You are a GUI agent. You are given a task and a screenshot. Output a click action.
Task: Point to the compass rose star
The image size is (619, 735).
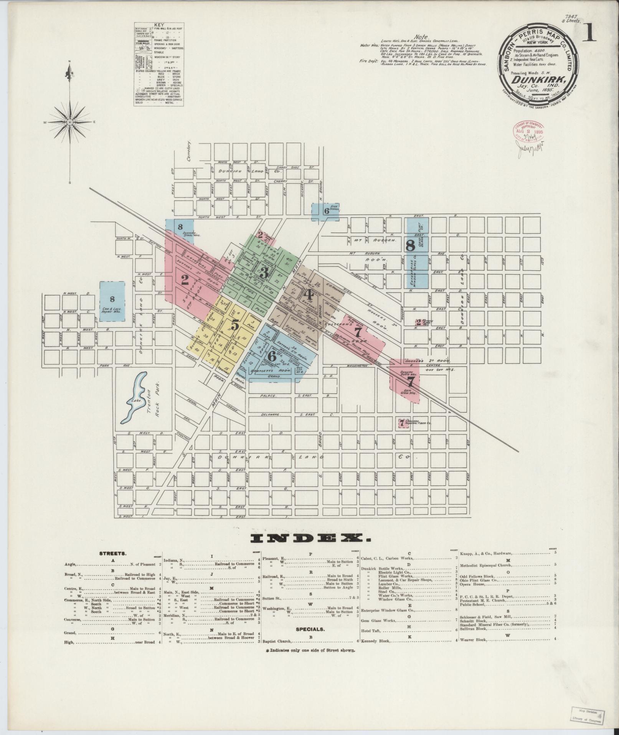tap(70, 122)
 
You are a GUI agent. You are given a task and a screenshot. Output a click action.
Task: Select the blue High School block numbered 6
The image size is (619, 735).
tap(325, 211)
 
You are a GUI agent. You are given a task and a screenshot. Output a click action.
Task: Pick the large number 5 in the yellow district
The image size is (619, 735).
tap(235, 325)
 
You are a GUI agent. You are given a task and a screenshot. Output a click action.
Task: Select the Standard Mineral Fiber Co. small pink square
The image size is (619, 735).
tap(402, 423)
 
